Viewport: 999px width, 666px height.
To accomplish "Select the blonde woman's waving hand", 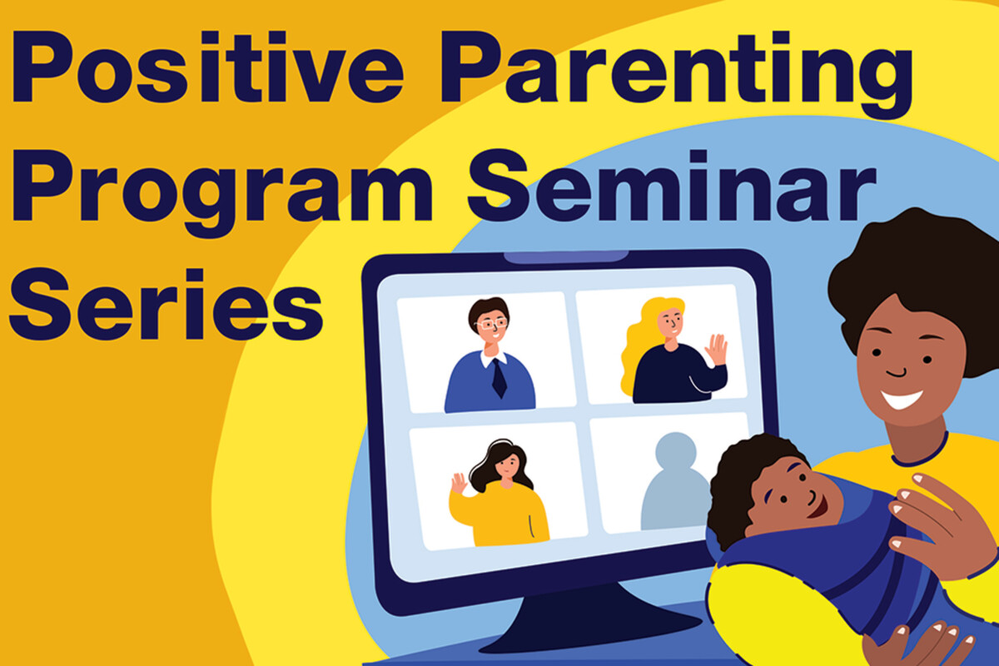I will [715, 350].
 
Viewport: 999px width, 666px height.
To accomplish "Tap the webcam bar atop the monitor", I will [566, 256].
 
